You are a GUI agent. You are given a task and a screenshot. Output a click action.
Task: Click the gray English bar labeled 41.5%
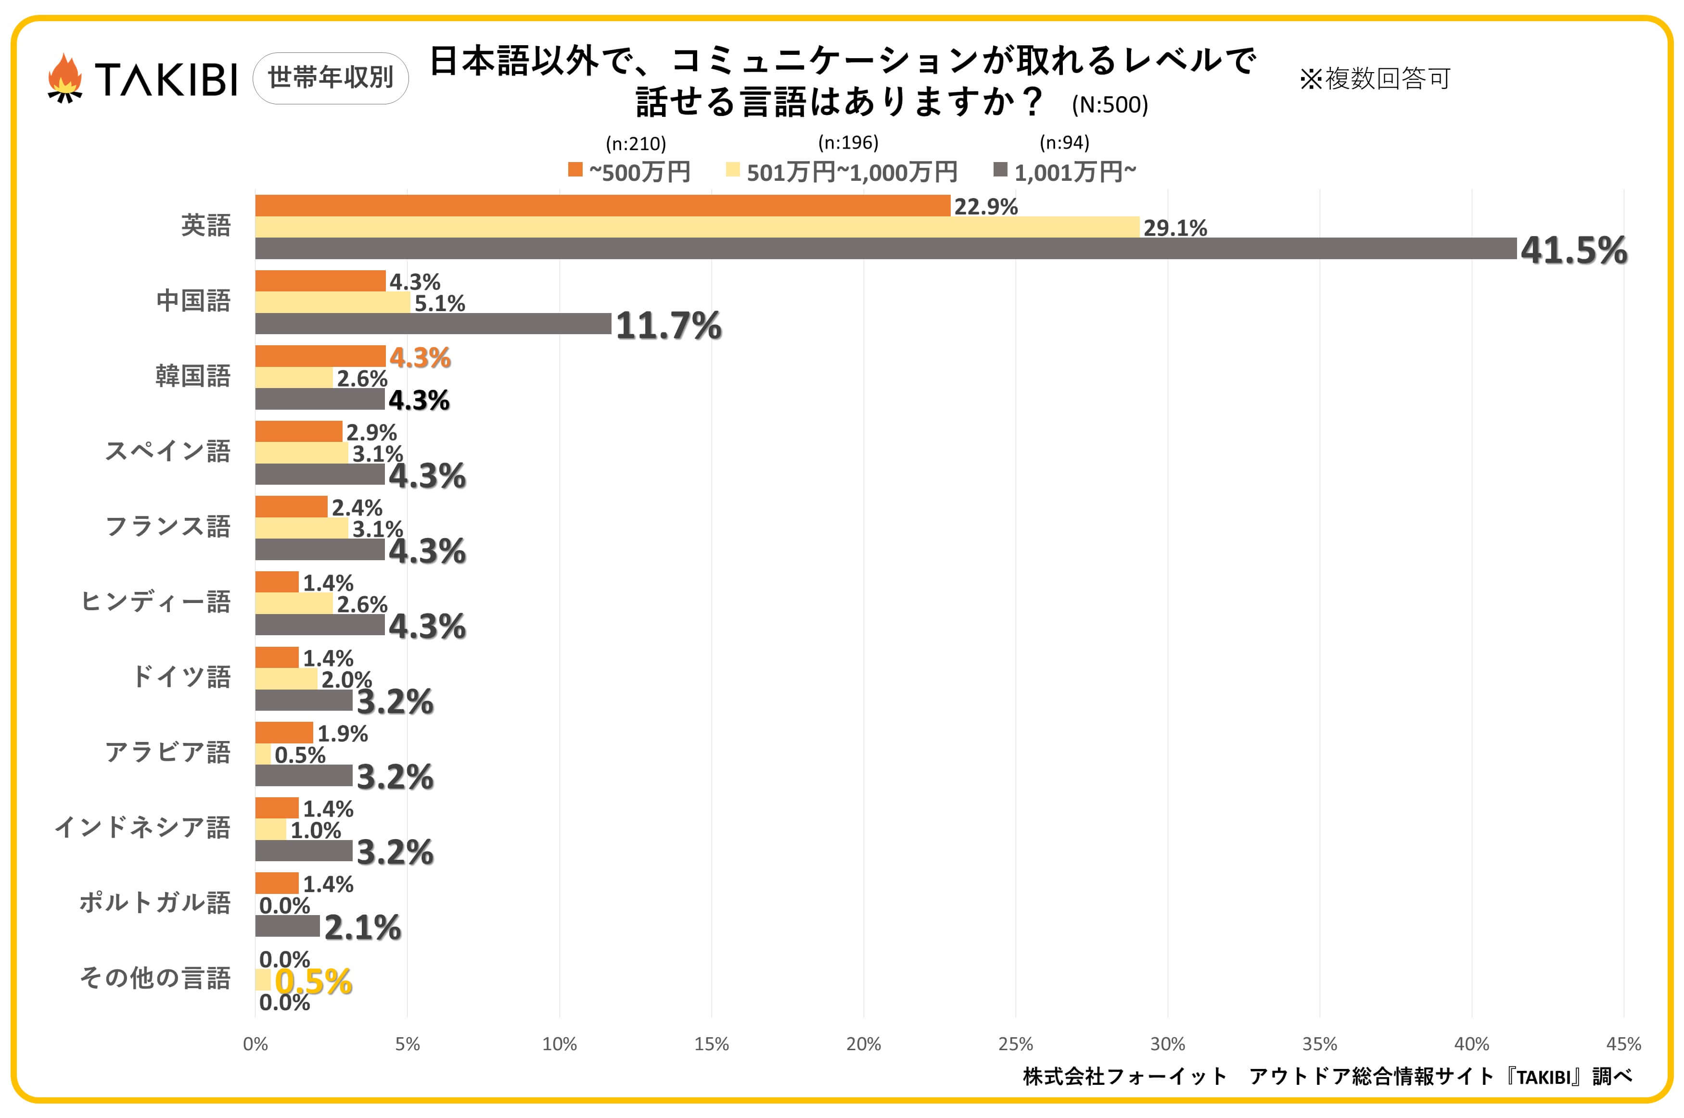[x=884, y=249]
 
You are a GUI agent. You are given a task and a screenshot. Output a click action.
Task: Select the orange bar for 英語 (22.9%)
[x=603, y=205]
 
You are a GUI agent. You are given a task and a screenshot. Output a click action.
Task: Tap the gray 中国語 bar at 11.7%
[x=433, y=324]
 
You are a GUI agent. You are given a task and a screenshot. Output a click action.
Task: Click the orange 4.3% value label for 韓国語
[x=420, y=357]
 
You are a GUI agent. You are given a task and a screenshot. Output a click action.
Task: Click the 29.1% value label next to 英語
[x=1175, y=228]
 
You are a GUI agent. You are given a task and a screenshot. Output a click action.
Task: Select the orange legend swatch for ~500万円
[x=575, y=170]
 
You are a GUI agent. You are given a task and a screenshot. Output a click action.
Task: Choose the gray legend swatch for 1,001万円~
[x=1000, y=170]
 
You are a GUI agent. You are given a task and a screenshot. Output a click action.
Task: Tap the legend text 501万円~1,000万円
[x=852, y=172]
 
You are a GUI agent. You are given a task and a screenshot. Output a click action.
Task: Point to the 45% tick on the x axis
[x=1623, y=1044]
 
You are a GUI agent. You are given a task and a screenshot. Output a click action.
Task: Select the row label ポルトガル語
[x=155, y=903]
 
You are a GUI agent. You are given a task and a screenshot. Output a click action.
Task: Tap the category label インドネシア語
[x=142, y=827]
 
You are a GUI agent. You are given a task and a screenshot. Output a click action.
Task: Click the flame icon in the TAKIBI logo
[x=65, y=78]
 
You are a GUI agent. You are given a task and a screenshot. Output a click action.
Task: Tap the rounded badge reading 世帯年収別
[x=330, y=78]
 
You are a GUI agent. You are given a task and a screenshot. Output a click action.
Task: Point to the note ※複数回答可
[x=1375, y=78]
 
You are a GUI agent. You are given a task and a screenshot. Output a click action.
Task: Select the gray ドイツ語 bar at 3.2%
[x=304, y=700]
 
